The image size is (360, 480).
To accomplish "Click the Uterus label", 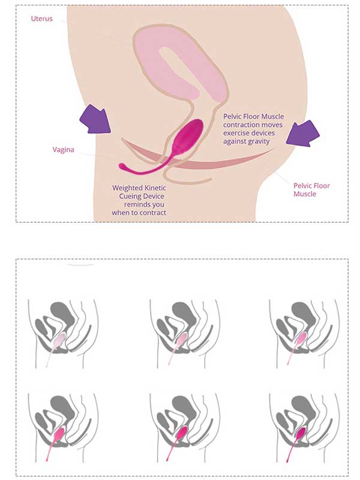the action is pyautogui.click(x=41, y=19).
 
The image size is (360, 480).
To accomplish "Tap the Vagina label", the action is pyautogui.click(x=63, y=149).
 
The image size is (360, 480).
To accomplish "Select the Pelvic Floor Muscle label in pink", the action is pyautogui.click(x=311, y=190).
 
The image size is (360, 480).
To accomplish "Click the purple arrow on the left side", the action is pyautogui.click(x=95, y=119).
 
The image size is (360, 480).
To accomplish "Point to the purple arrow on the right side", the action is pyautogui.click(x=303, y=133).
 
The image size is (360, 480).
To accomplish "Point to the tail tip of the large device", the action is pyautogui.click(x=122, y=166).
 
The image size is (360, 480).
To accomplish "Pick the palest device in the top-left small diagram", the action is pyautogui.click(x=57, y=346).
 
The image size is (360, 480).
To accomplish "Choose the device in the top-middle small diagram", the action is pyautogui.click(x=178, y=344).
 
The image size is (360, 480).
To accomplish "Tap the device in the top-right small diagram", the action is pyautogui.click(x=298, y=344).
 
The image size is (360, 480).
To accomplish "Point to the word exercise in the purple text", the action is pyautogui.click(x=236, y=133).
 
